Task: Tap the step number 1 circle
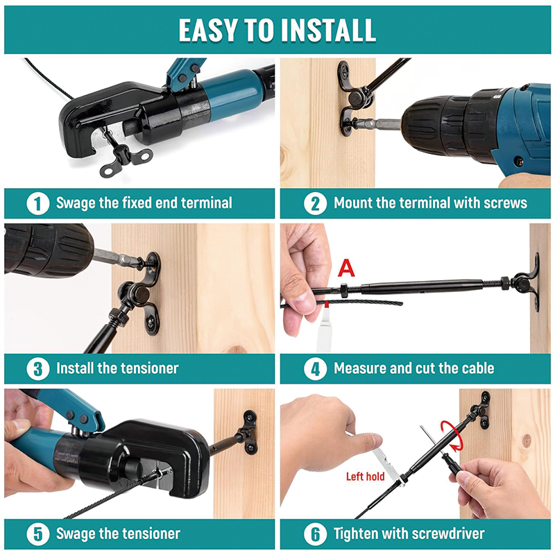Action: [37, 203]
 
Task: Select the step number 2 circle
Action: [315, 203]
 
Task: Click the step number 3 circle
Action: [37, 368]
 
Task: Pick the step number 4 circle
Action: [315, 368]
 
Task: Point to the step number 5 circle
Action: [37, 534]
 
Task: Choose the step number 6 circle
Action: [315, 534]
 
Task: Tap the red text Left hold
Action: [365, 477]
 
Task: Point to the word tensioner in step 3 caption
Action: [148, 368]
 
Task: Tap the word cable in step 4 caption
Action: [475, 368]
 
